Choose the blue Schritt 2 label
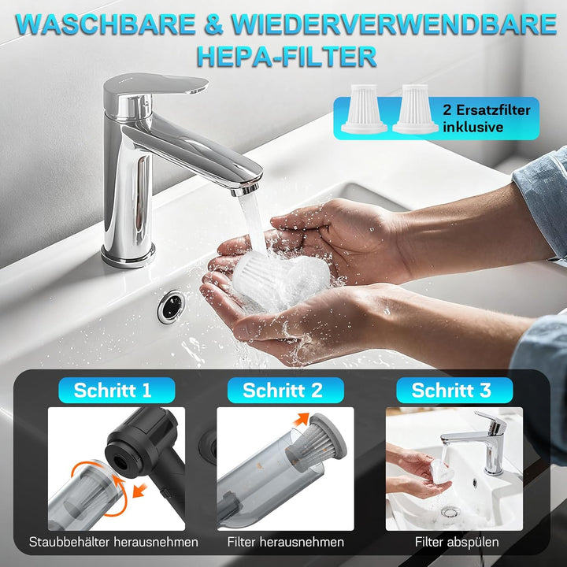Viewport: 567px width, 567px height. pos(283,390)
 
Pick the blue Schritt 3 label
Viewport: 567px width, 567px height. pos(451,390)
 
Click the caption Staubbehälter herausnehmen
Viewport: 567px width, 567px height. pos(113,542)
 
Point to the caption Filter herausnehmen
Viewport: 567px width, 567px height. pos(285,542)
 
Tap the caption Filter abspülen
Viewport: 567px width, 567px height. pos(452,542)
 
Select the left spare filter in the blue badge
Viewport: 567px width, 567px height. pos(364,111)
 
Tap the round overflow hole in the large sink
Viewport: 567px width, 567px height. pos(171,306)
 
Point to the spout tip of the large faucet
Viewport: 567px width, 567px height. pos(246,188)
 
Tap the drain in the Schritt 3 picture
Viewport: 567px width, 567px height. pos(450,511)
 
